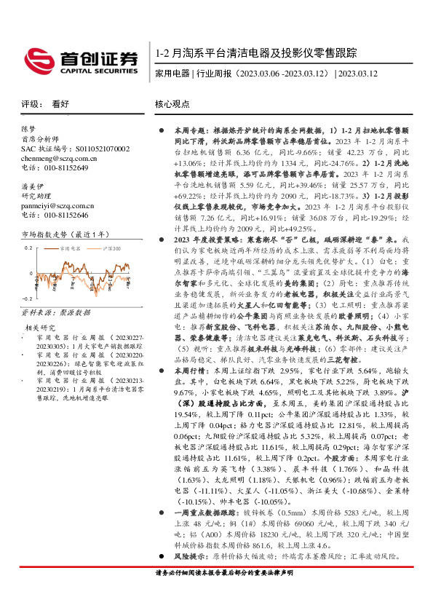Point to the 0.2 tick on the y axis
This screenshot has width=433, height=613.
28,248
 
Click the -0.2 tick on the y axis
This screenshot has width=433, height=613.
26,299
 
